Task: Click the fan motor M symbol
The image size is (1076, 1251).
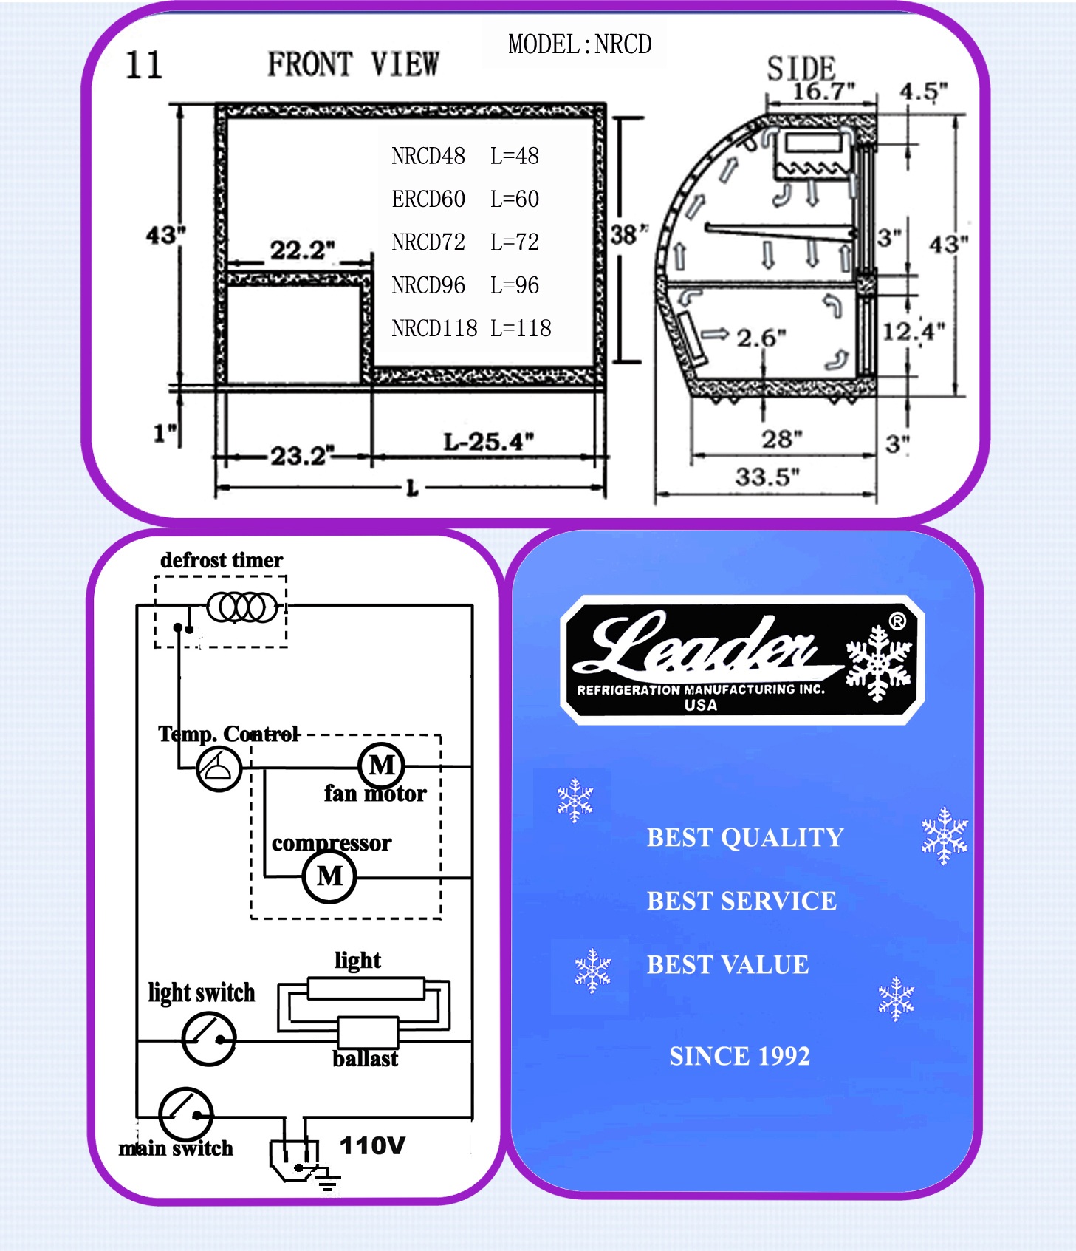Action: tap(381, 766)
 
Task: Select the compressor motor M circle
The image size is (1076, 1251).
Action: tap(329, 876)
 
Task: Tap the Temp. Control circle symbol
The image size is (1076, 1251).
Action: tap(219, 769)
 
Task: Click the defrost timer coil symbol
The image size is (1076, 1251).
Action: tap(242, 607)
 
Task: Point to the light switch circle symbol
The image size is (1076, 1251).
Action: tap(209, 1039)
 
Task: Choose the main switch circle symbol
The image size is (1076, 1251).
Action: tap(186, 1115)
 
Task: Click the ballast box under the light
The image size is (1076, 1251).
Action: tap(368, 1032)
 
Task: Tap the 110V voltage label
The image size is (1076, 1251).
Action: tap(372, 1146)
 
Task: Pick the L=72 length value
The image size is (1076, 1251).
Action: tap(515, 242)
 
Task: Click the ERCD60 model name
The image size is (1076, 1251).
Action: tap(428, 199)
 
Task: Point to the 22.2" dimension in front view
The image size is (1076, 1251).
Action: tap(302, 250)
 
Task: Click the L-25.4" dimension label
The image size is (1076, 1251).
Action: tap(488, 442)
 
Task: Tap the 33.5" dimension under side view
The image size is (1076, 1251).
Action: tap(767, 477)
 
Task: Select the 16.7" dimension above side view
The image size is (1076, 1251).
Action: tap(823, 92)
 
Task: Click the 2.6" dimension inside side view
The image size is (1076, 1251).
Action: tap(761, 338)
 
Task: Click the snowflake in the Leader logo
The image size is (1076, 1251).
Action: tap(878, 663)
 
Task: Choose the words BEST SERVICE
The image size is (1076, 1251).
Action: tap(741, 901)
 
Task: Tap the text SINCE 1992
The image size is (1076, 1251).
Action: tap(739, 1056)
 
